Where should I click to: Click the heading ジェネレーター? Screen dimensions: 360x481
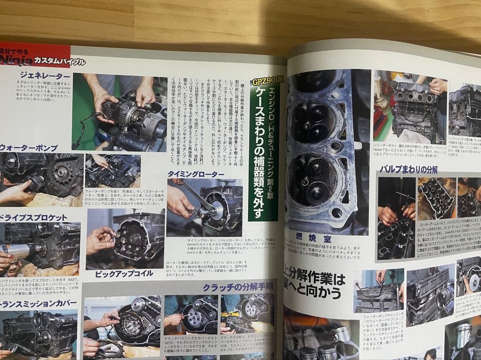coord(44,76)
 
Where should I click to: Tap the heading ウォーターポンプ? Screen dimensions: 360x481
coord(29,148)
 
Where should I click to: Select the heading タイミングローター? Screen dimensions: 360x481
coord(196,174)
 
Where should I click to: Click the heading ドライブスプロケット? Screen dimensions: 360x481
coord(34,218)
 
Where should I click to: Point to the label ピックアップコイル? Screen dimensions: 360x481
coord(124,274)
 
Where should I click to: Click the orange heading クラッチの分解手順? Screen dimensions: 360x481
coord(238,287)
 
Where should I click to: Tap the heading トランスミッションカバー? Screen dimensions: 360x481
coord(38,304)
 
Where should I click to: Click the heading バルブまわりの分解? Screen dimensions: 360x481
coord(408,169)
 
